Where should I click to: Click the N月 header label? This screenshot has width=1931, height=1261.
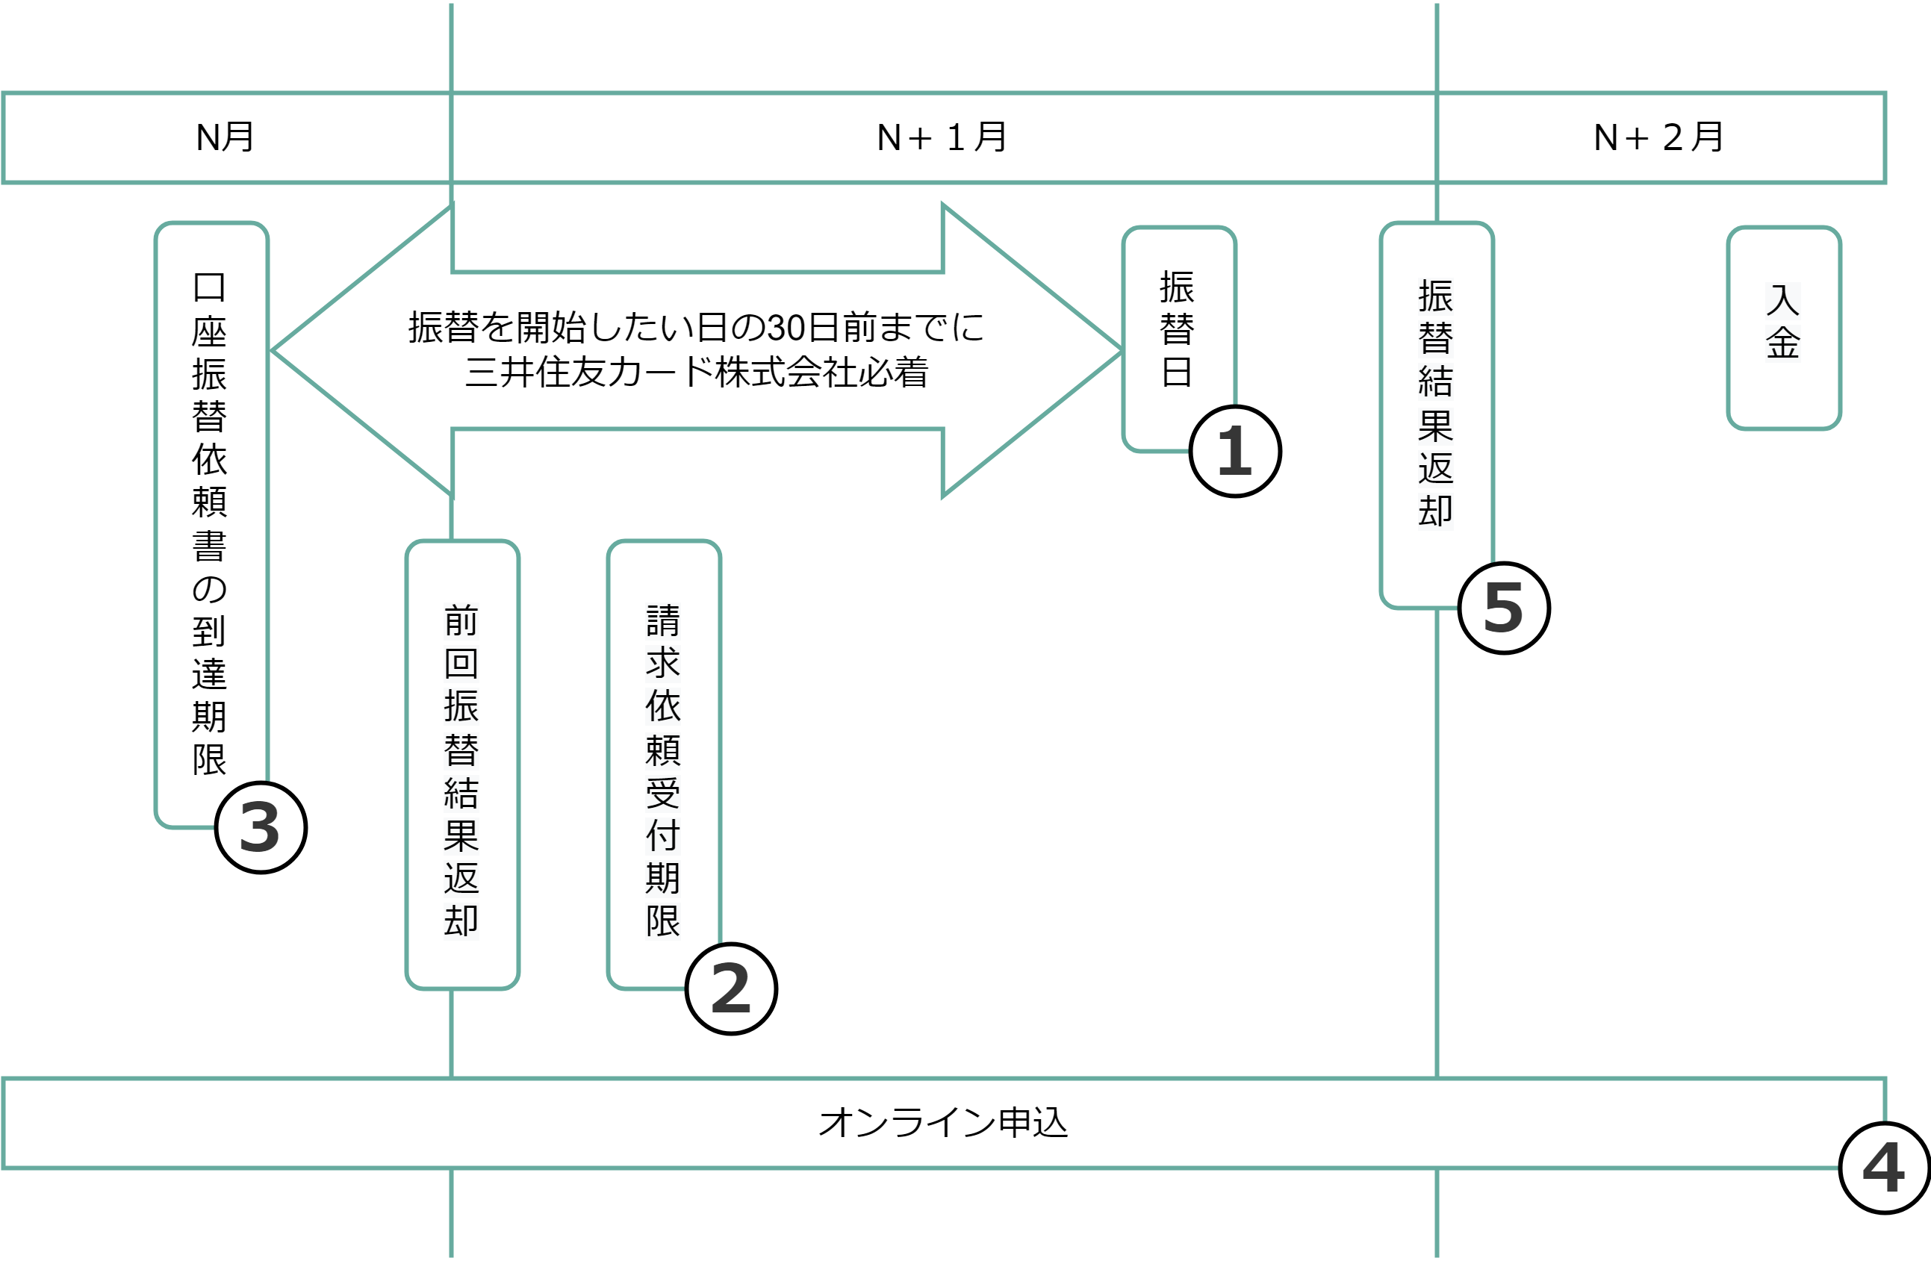coord(225,137)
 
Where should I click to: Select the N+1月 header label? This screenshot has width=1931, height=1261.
coord(942,137)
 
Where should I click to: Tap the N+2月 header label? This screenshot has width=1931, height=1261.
coord(1658,137)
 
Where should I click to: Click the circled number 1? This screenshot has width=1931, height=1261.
coord(1235,451)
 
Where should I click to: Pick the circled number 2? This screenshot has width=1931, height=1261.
coord(731,989)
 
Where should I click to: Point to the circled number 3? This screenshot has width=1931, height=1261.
coord(261,828)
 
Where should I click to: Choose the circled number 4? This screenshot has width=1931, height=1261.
coord(1884,1168)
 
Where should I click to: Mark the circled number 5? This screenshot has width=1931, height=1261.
coord(1503,608)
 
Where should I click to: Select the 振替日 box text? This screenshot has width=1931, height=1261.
coord(1177,329)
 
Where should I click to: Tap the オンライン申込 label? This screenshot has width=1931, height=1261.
coord(943,1123)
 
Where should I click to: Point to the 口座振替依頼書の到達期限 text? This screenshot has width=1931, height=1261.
coord(209,523)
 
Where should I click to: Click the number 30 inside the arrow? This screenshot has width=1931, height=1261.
coord(786,328)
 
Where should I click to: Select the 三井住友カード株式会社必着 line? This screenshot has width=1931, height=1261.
coord(696,373)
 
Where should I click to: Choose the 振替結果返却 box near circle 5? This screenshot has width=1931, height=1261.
coord(1435,403)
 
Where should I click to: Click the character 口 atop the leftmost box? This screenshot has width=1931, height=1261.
coord(209,287)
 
